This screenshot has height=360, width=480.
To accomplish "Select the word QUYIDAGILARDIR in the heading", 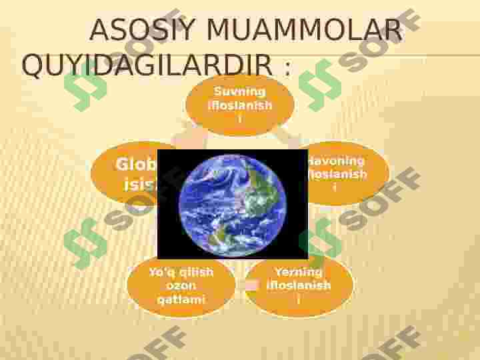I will click(147, 66).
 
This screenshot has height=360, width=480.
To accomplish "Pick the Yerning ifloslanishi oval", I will click(298, 286).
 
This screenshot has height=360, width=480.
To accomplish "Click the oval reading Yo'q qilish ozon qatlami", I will click(181, 286).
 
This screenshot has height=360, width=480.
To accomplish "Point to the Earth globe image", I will click(233, 203).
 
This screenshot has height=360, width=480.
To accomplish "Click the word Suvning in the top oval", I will click(240, 92).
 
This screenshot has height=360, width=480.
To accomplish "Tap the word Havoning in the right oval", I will click(336, 161).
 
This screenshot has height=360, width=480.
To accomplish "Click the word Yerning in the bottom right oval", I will click(298, 272).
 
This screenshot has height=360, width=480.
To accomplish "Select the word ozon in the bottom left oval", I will click(181, 286).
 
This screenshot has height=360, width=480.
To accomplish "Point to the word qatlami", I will click(181, 299).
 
